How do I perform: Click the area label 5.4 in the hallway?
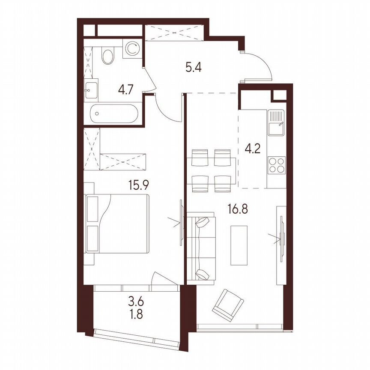point(194,67)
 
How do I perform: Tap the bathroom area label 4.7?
point(126,90)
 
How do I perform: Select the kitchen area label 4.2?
point(252,150)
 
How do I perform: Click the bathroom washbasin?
point(91,90)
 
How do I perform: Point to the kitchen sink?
point(276,122)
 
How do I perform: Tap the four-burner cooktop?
point(276,165)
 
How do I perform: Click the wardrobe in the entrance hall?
point(173,33)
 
